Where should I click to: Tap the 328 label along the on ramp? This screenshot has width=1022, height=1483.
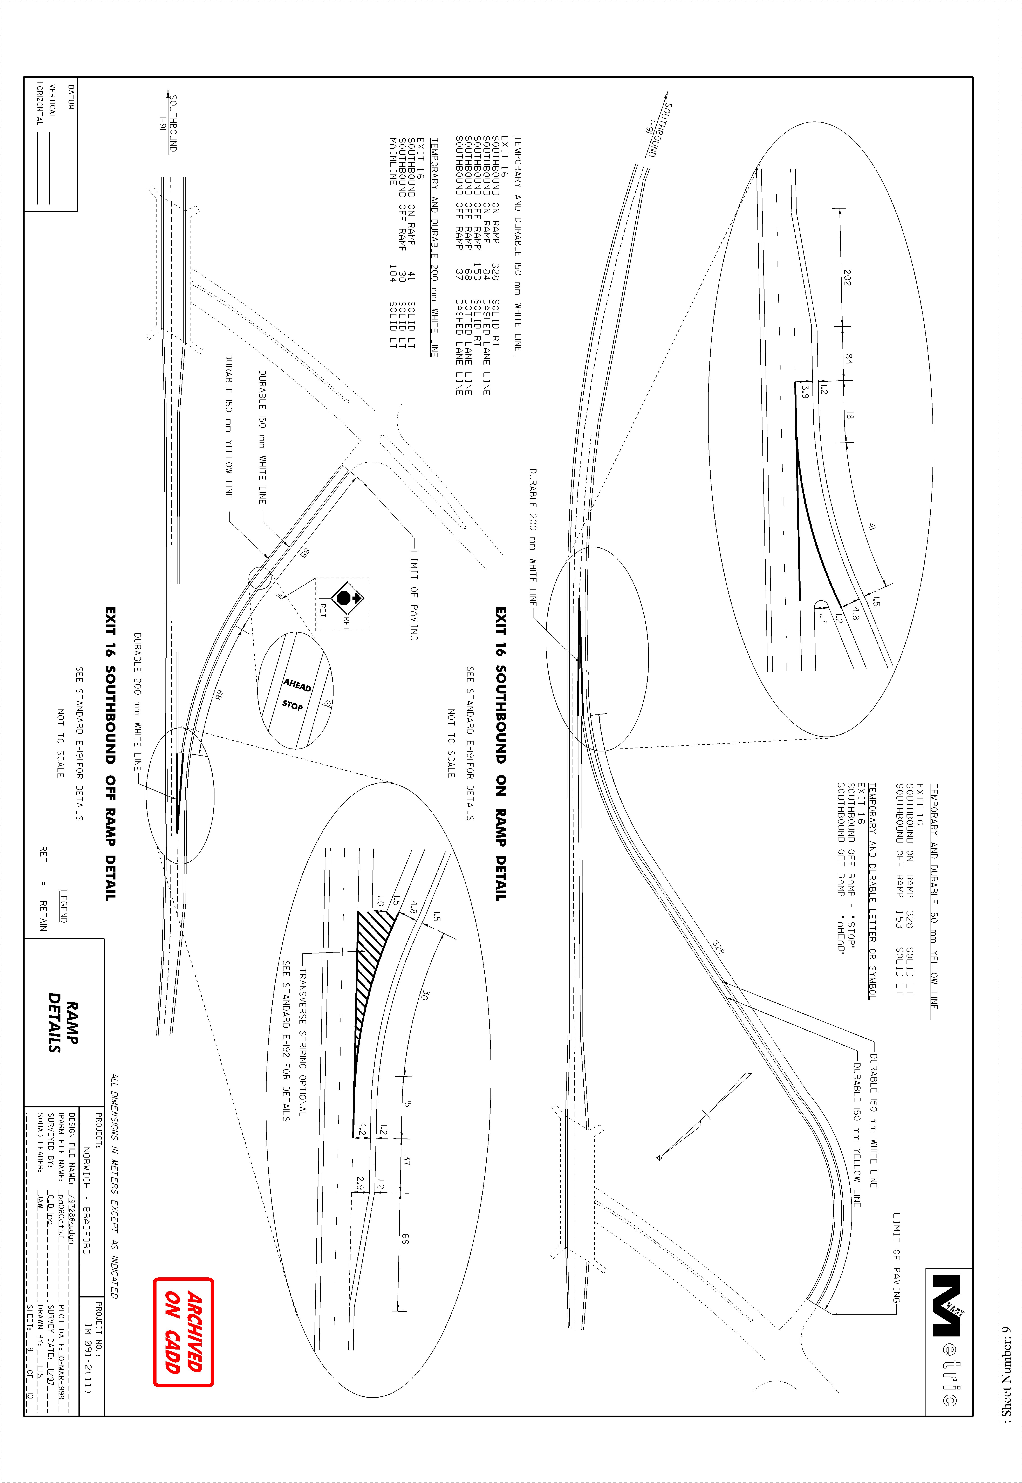click(718, 947)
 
